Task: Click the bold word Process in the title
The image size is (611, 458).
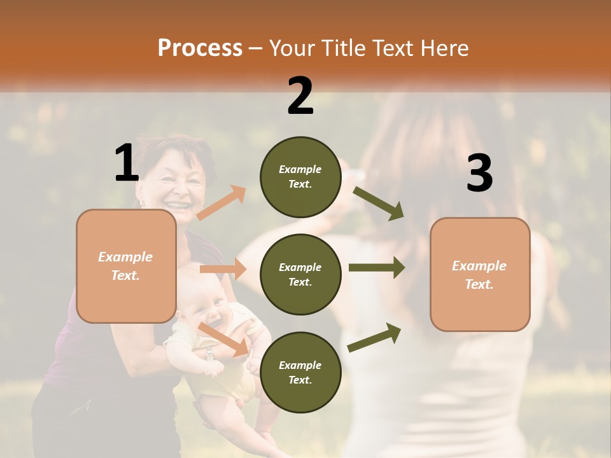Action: tap(200, 48)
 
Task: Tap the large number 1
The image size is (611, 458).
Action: tap(127, 163)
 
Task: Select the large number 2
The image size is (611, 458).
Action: tap(300, 96)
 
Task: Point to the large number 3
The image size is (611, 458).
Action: tap(479, 173)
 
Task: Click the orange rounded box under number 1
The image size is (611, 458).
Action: tap(126, 266)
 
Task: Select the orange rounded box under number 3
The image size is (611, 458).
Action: tap(480, 274)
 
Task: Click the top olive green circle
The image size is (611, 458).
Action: tap(300, 177)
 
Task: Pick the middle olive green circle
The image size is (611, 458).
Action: tap(300, 274)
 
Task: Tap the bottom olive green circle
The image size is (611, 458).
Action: tap(300, 372)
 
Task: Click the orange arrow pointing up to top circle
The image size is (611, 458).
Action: tap(221, 203)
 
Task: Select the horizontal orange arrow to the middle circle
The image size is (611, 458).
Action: tap(223, 269)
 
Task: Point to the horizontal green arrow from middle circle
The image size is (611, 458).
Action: tap(376, 267)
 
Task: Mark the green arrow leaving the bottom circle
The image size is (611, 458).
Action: tap(374, 338)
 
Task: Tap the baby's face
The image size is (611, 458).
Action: tap(210, 311)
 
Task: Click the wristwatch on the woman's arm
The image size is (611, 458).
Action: tap(209, 354)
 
